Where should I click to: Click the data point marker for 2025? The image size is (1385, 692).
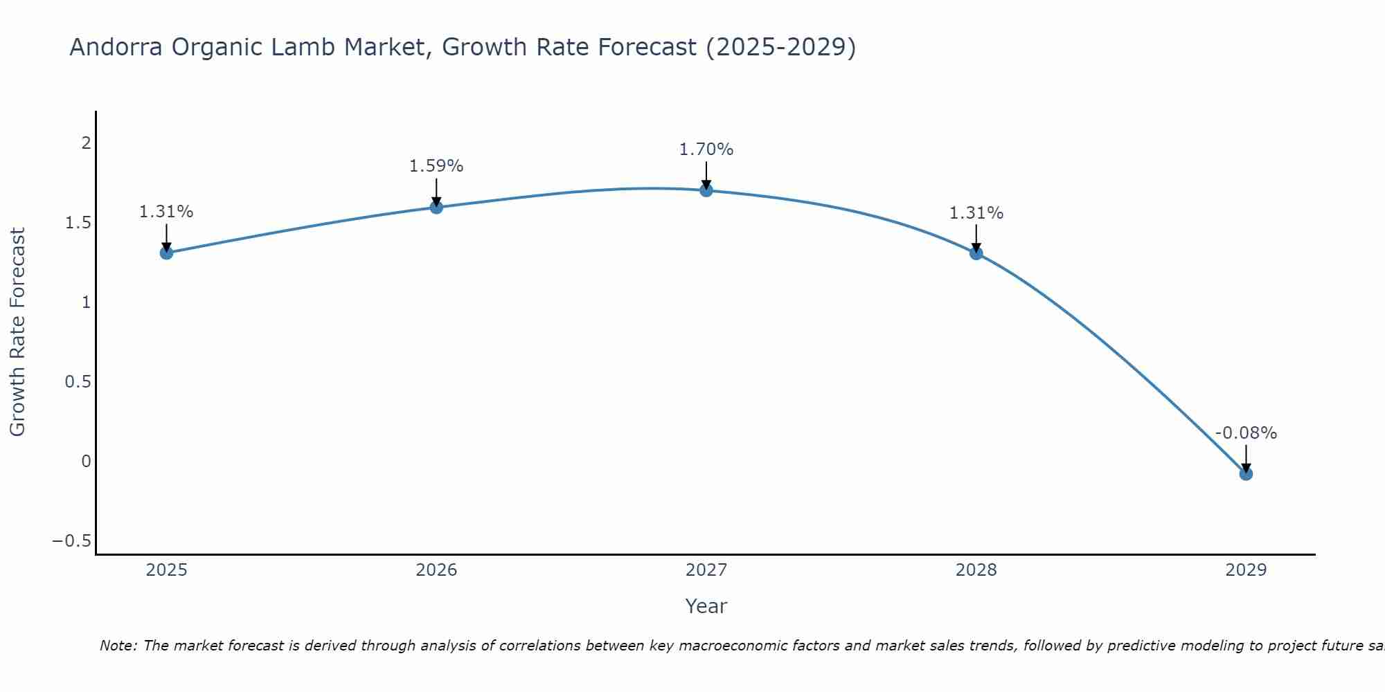(x=166, y=253)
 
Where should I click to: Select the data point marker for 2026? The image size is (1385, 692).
(x=436, y=207)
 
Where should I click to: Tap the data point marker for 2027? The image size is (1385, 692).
(x=706, y=190)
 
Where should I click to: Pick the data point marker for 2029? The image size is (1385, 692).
(x=1246, y=473)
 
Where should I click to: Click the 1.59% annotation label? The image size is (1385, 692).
(x=436, y=166)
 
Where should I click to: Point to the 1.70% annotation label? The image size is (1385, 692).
(x=706, y=149)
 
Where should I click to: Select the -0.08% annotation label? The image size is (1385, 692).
(x=1246, y=433)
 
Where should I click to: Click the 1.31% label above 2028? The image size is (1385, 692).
(x=976, y=213)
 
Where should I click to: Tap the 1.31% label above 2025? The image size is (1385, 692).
(x=166, y=212)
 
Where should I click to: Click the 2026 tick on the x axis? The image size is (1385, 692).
(x=436, y=570)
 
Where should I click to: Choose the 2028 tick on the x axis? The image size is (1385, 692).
(x=976, y=570)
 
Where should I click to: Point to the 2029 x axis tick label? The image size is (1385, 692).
(x=1246, y=570)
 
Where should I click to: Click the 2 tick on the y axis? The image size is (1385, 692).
(x=87, y=143)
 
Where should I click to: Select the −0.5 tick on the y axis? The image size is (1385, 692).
(x=72, y=541)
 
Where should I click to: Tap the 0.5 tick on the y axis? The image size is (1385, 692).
(x=78, y=382)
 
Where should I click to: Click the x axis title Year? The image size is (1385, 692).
(x=706, y=606)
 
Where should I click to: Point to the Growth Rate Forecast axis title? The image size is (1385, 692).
(x=17, y=332)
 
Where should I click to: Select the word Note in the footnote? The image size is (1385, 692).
(x=118, y=646)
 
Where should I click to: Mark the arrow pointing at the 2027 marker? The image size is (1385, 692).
(x=706, y=176)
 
